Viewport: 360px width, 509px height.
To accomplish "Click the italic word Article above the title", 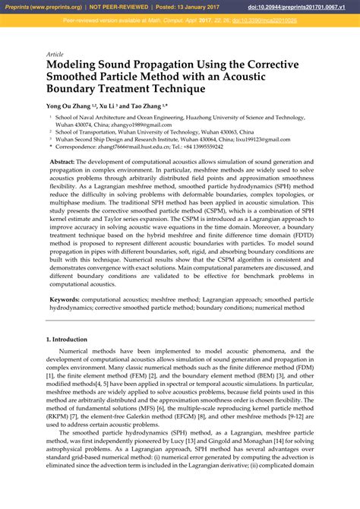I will click(55, 55).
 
